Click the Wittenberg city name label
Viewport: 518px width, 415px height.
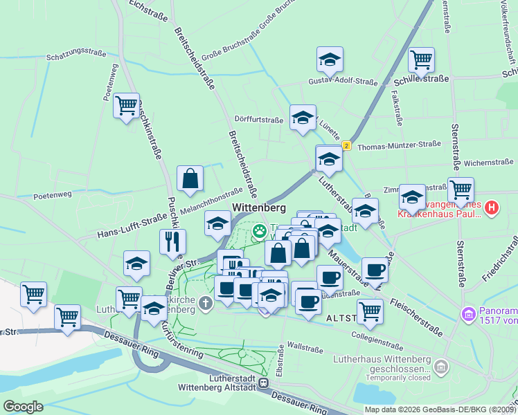pos(259,207)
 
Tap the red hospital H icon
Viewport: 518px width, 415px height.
pos(491,207)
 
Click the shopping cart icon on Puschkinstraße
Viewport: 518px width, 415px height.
pos(127,106)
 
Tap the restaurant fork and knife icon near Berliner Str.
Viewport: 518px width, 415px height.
pos(172,241)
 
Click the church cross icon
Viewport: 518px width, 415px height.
pos(206,302)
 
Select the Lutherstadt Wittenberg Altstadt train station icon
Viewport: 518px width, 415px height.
pos(263,382)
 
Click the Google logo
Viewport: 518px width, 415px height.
pos(23,407)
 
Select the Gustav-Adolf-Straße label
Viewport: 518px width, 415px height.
pos(343,82)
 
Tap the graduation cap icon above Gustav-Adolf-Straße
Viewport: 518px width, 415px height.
pos(330,60)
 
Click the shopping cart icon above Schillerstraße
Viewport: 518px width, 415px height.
pos(421,60)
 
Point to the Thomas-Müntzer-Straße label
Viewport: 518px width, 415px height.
pos(399,145)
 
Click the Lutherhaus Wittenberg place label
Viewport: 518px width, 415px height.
pos(377,359)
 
